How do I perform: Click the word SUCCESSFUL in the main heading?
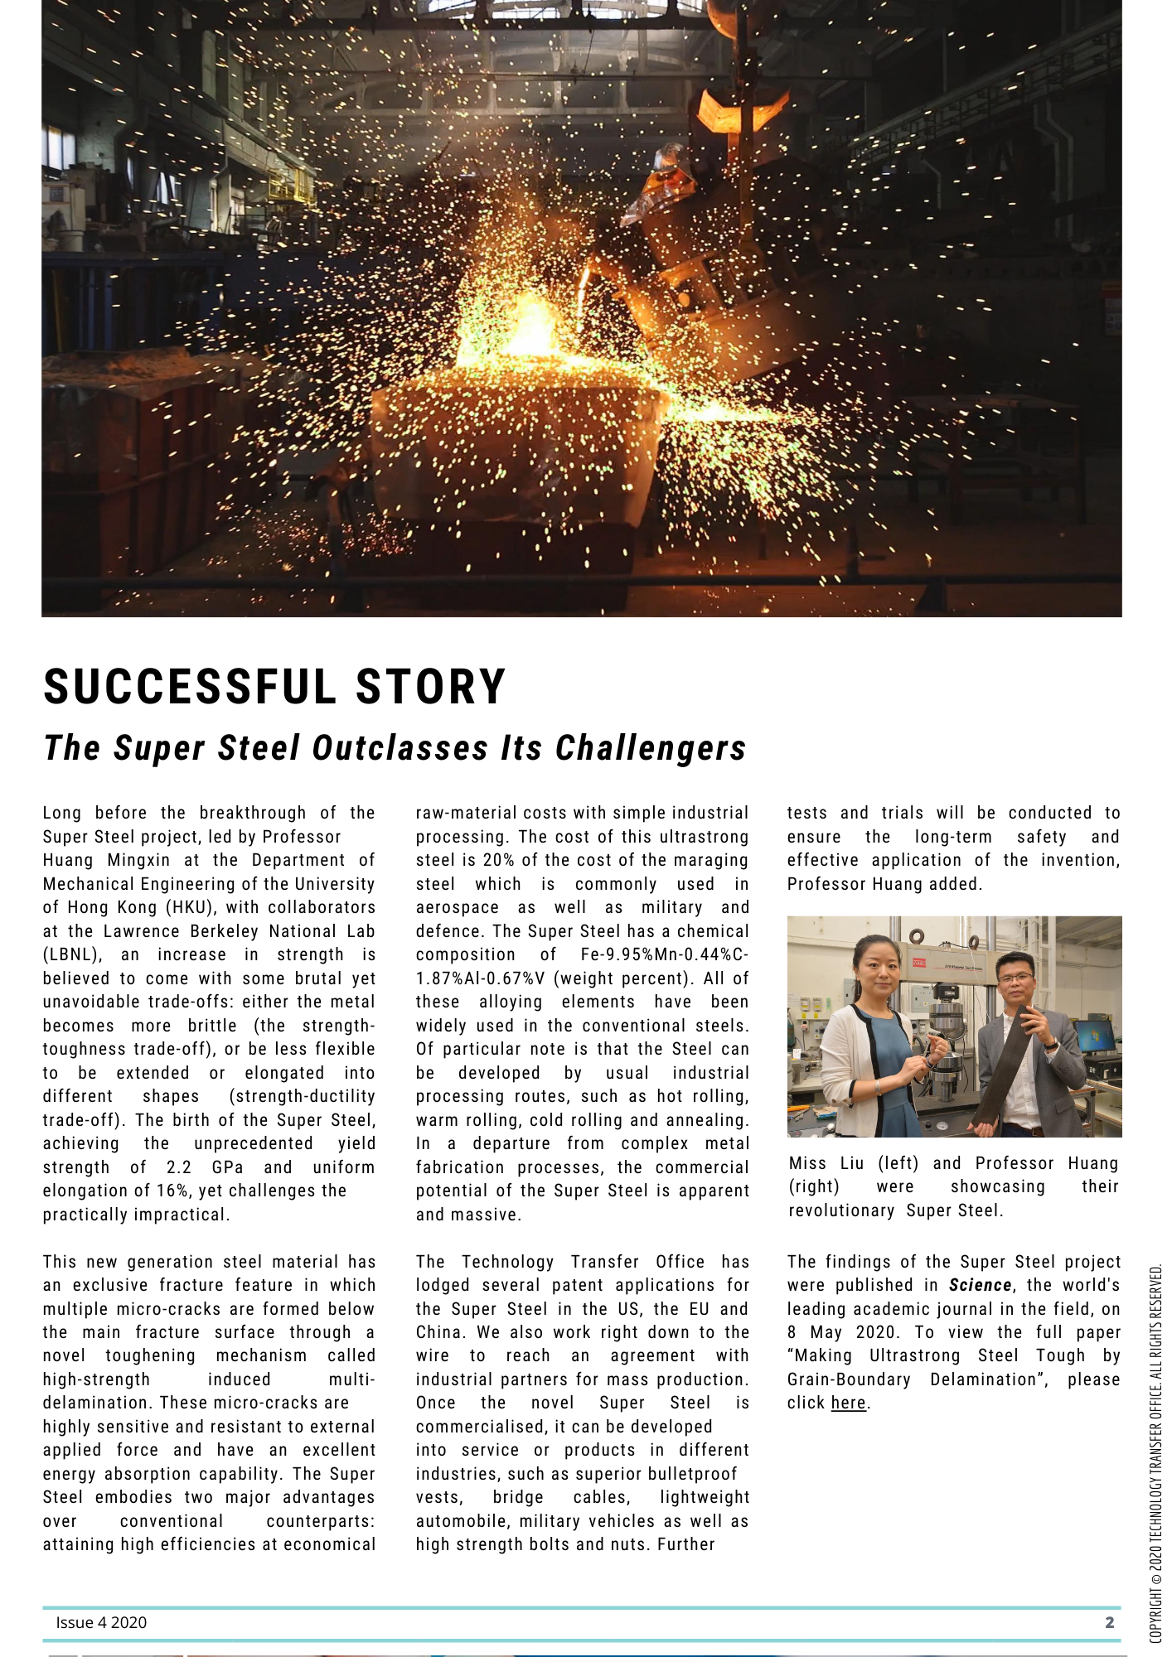click(190, 687)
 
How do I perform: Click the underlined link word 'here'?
click(848, 1403)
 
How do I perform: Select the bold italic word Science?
click(980, 1285)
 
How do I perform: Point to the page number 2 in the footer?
click(1109, 1622)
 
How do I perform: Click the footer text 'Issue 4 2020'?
click(101, 1622)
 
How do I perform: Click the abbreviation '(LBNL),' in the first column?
click(73, 954)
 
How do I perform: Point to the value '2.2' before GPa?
click(179, 1167)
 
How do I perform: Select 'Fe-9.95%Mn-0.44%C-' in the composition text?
click(664, 954)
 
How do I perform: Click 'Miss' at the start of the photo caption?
click(807, 1163)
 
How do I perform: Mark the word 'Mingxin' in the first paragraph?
click(138, 860)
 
